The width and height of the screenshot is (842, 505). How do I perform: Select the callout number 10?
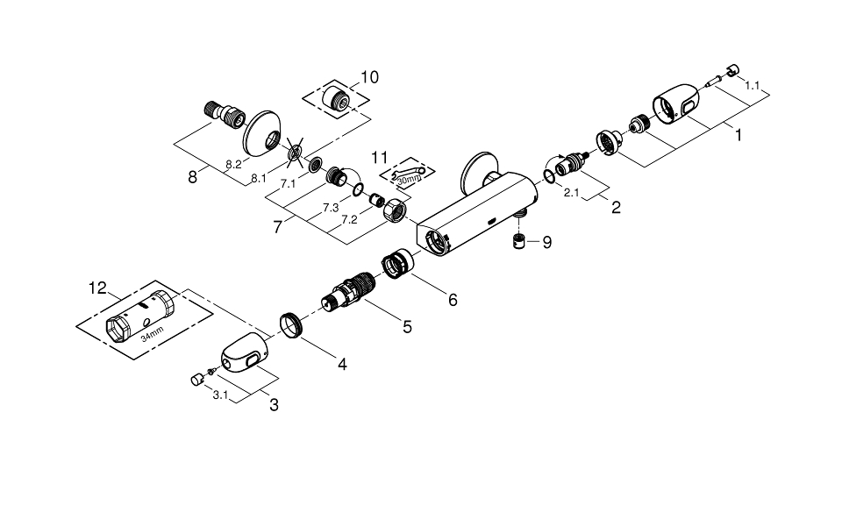pos(369,78)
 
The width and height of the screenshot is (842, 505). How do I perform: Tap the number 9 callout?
pos(546,243)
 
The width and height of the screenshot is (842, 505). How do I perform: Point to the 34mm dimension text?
pos(152,335)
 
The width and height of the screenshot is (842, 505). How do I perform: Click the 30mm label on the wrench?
pos(408,179)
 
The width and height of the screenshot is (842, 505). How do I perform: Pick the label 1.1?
pos(752,86)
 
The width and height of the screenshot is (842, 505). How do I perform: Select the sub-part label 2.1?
pos(571,192)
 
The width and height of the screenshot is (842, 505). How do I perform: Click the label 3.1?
pos(220,395)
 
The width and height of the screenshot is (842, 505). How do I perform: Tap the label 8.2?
pos(233,164)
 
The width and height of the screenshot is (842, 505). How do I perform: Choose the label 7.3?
pos(330,208)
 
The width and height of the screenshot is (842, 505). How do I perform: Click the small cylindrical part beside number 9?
pos(519,242)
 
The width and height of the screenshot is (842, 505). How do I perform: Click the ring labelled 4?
pos(290,324)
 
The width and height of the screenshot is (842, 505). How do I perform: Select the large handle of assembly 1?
pos(676,107)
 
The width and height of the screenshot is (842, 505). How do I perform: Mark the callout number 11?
pos(379,156)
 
